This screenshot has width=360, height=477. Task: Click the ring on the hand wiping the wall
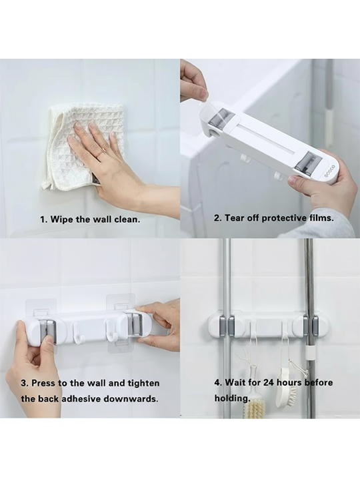point(104,150)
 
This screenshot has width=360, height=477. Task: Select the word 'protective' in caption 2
point(284,218)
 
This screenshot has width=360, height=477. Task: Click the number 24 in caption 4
point(269,382)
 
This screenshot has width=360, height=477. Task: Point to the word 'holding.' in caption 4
point(232,398)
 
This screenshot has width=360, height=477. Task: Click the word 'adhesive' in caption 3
point(81,398)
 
